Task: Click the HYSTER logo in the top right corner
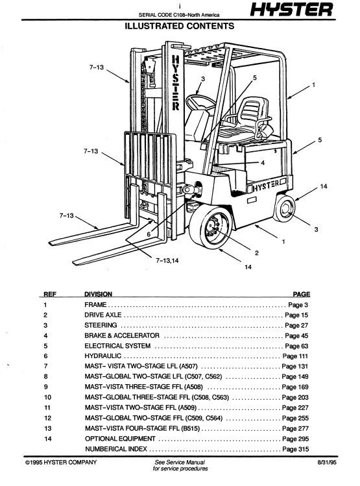[291, 10]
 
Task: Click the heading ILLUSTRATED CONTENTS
[180, 26]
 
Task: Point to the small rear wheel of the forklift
[284, 208]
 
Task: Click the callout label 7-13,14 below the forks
[167, 260]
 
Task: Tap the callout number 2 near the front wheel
[256, 253]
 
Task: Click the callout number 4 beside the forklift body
[263, 163]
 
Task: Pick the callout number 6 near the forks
[149, 234]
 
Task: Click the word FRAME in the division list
[95, 305]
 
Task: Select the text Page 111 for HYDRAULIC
[295, 356]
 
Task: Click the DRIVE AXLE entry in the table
[103, 315]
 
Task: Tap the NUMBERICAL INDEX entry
[116, 449]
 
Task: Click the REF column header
[50, 294]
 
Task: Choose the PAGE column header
[302, 294]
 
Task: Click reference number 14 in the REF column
[48, 439]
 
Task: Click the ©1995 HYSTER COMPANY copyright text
[61, 463]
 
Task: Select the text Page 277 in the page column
[295, 428]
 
